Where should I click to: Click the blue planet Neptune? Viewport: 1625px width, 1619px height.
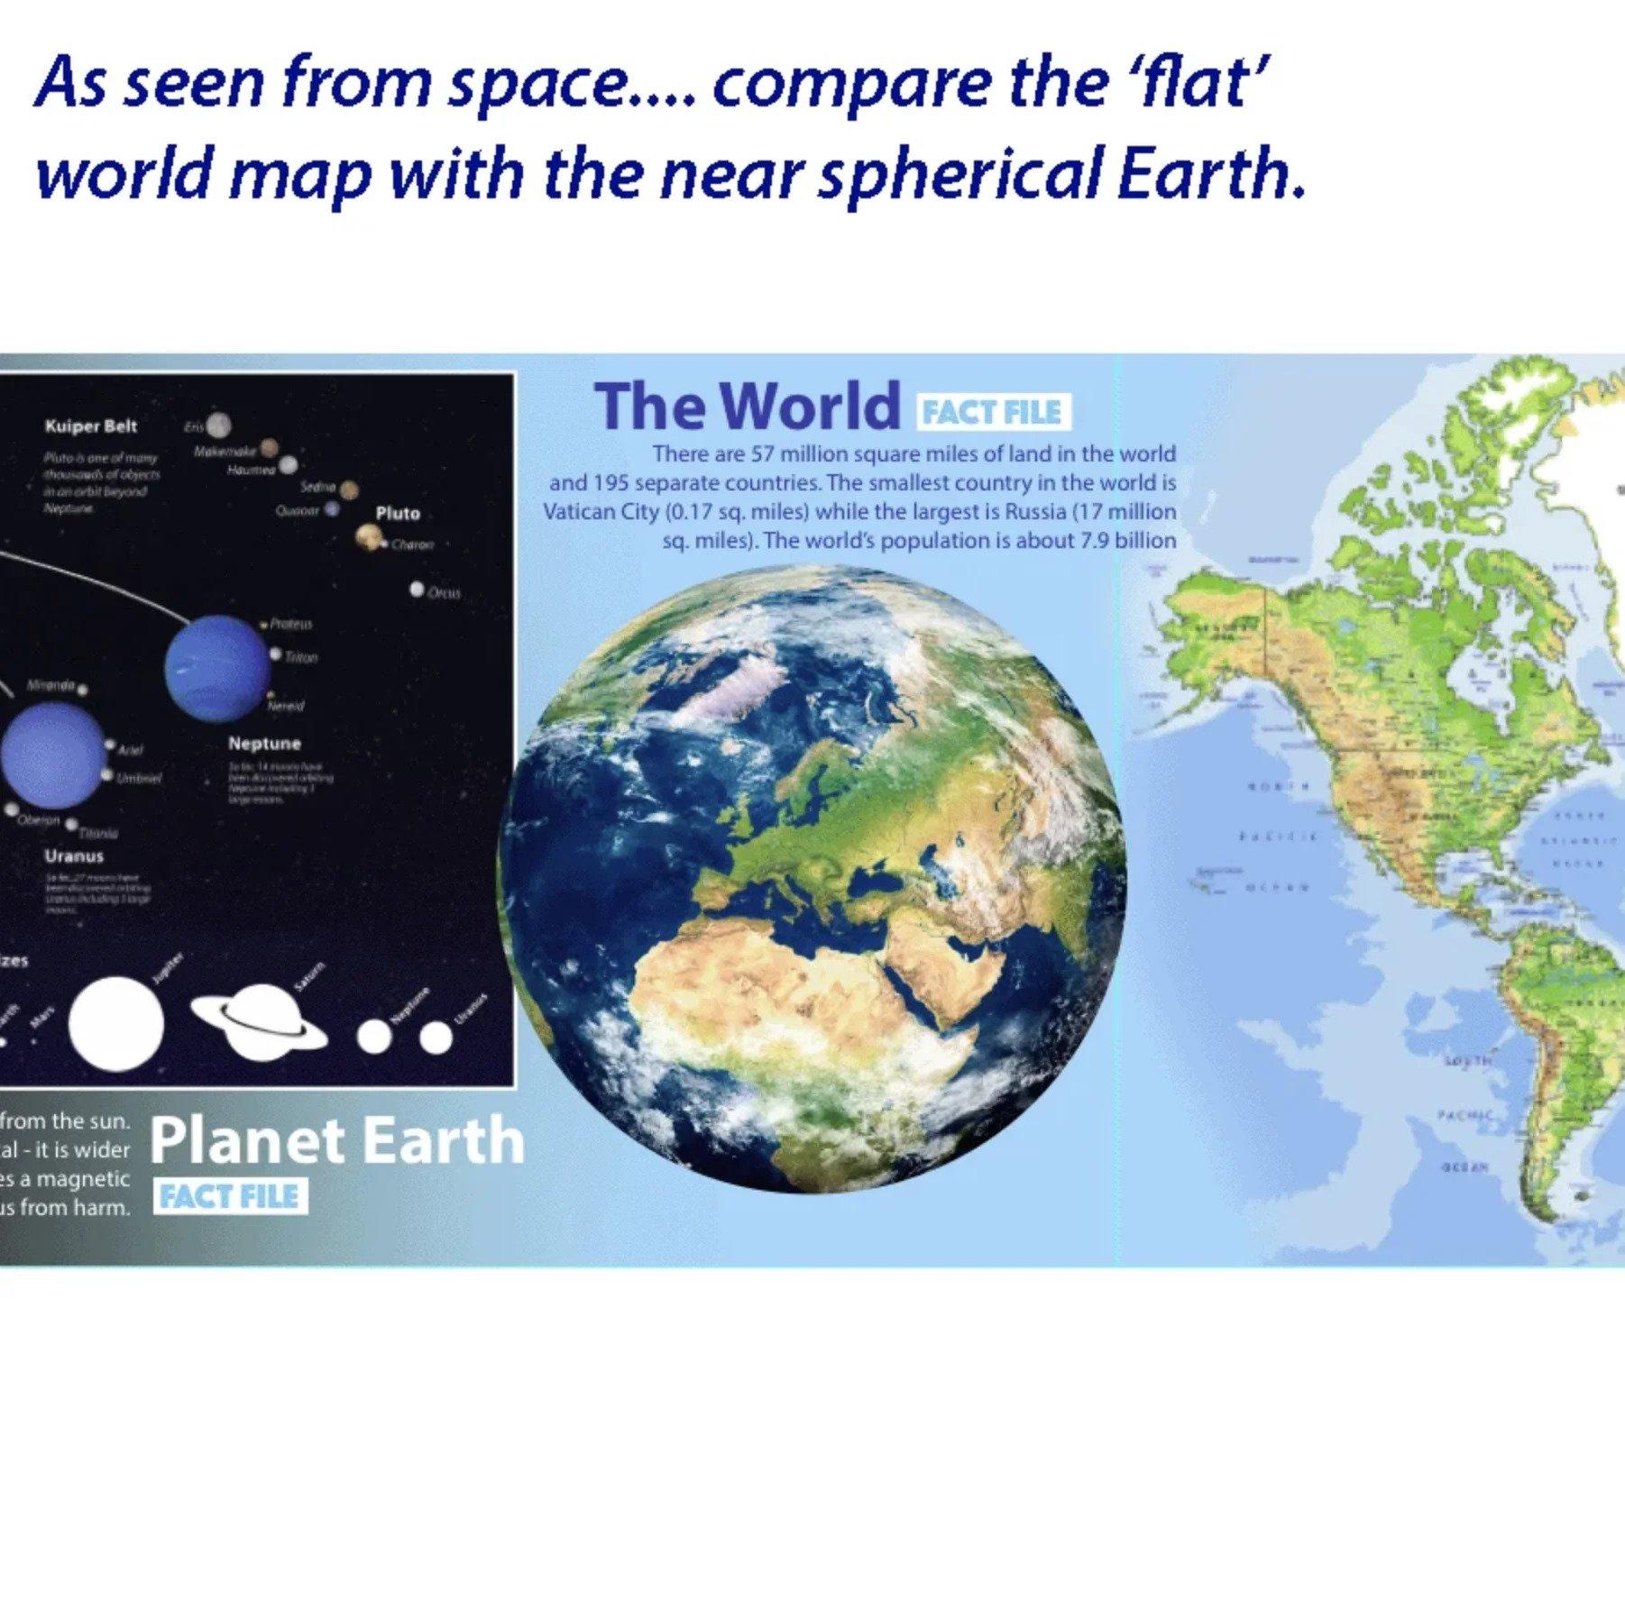coord(217,667)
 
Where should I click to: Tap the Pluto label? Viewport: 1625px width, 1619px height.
coord(398,513)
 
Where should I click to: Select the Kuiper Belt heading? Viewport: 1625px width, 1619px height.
coord(91,426)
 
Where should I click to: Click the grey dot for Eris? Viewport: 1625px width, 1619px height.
coord(218,425)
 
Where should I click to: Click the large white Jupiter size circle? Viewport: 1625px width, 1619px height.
coord(116,1023)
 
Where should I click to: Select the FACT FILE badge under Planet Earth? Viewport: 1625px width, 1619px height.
coord(229,1196)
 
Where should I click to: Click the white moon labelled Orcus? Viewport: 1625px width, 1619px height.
coord(417,589)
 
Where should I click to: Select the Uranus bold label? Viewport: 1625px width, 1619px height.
coord(74,856)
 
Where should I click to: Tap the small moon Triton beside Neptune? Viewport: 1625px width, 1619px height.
coord(276,654)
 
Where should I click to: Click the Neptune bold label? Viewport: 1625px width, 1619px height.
coord(264,744)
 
